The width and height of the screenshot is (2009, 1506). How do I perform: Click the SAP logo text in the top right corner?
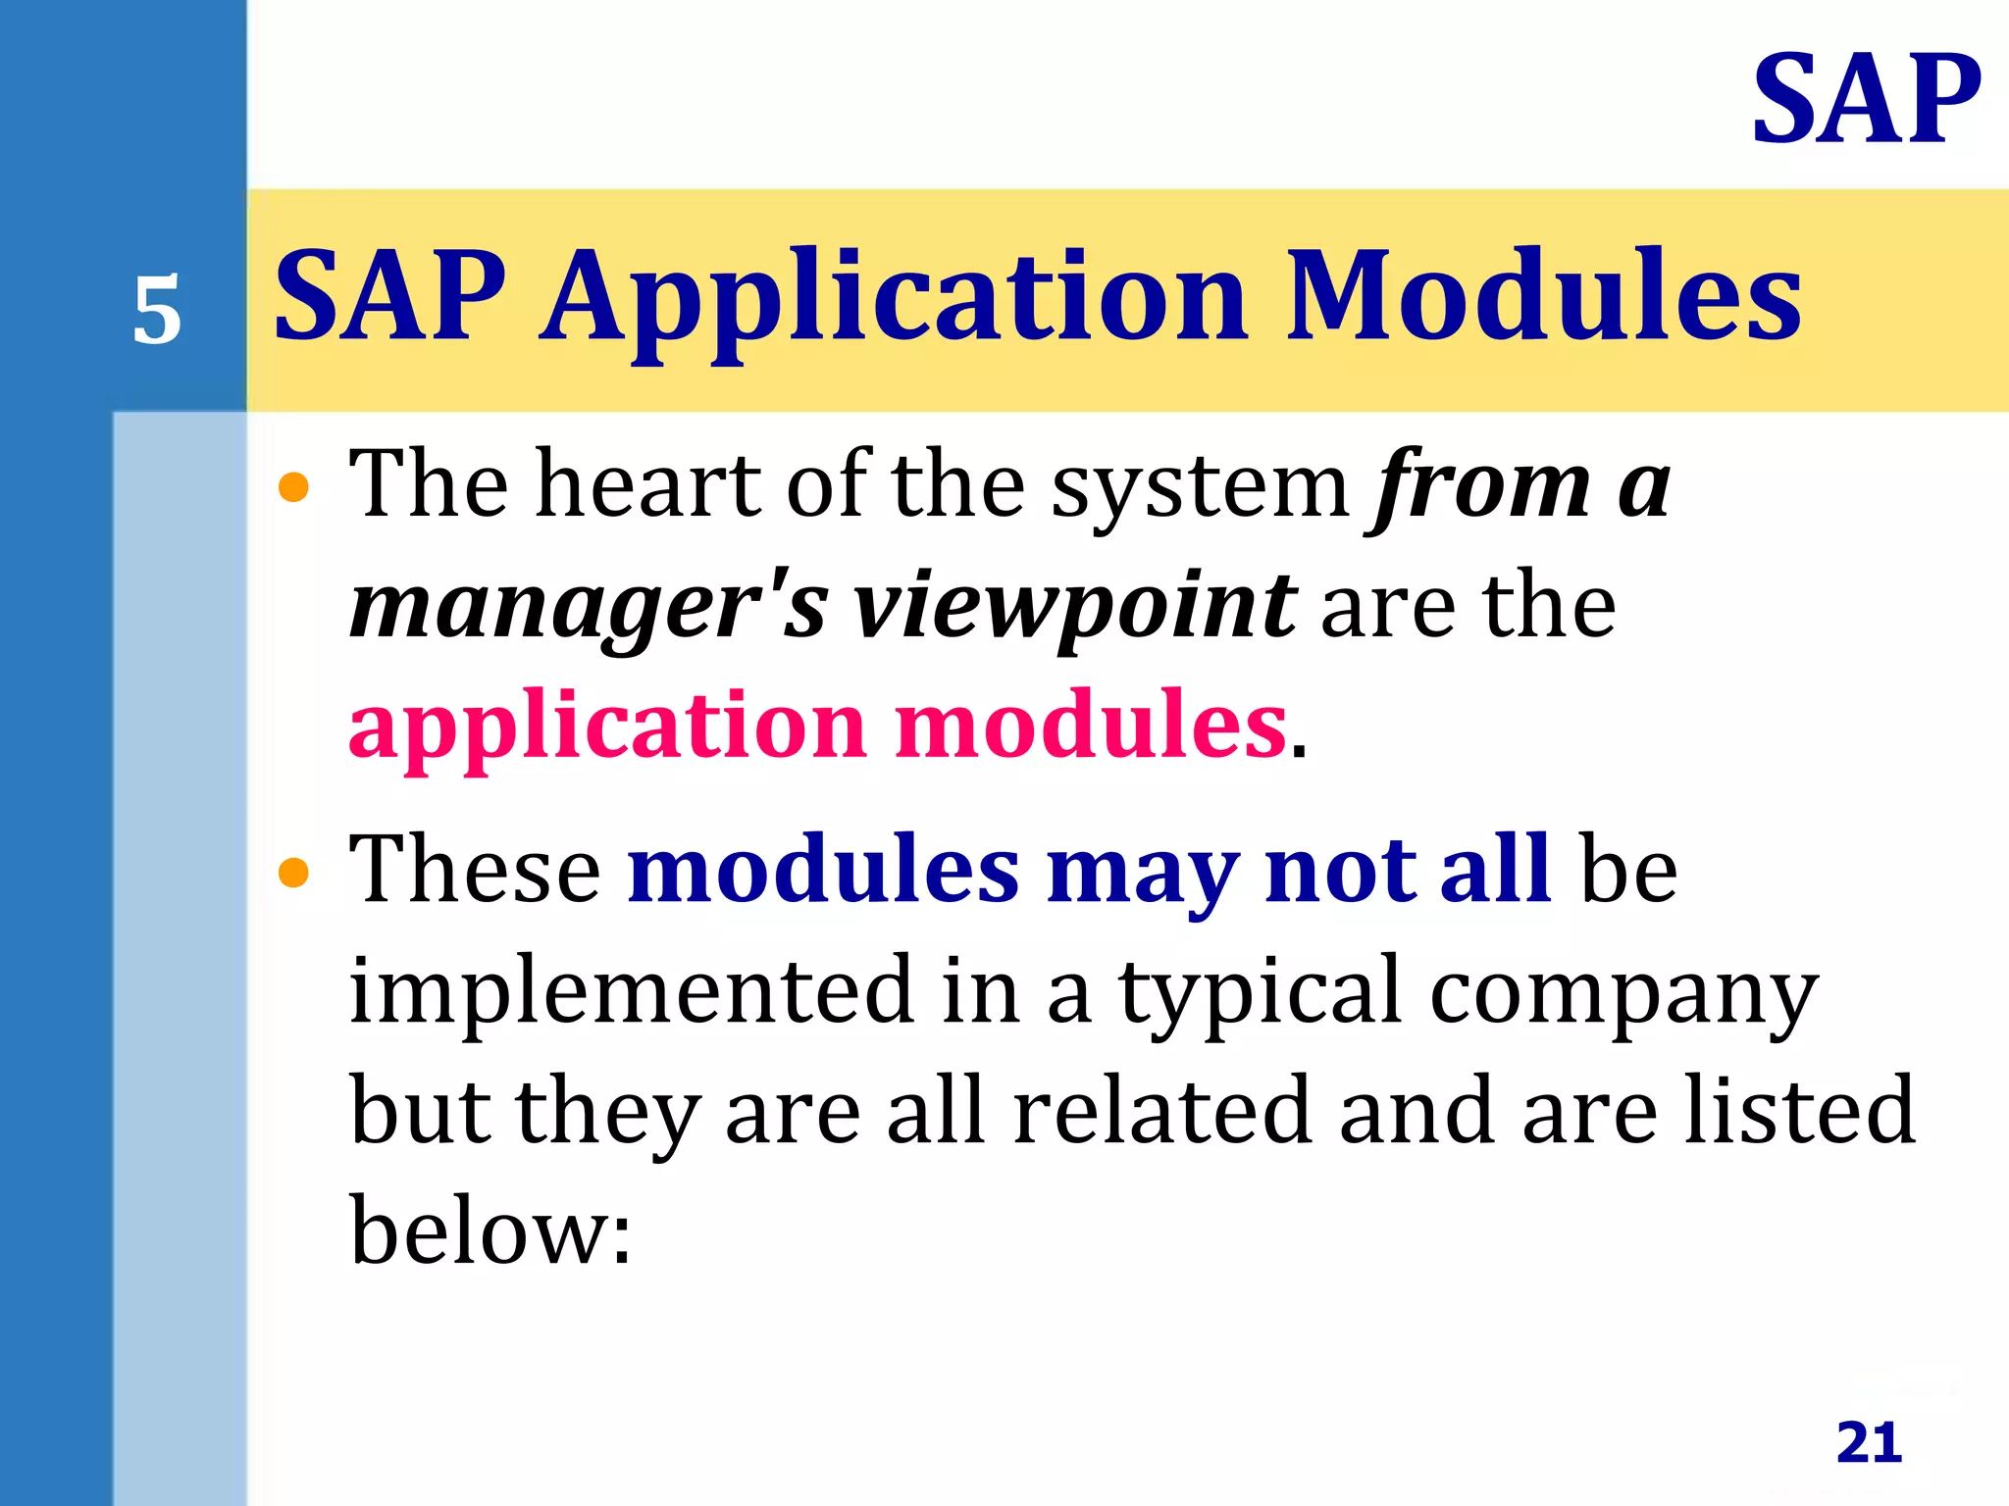click(x=1866, y=100)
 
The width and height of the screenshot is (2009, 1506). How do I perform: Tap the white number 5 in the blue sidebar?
click(x=157, y=311)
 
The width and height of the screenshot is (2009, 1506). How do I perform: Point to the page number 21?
click(x=1869, y=1443)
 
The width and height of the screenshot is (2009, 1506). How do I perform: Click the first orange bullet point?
click(x=293, y=486)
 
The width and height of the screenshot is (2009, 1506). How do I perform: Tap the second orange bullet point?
click(x=293, y=872)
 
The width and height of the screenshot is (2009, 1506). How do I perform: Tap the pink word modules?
click(x=1090, y=726)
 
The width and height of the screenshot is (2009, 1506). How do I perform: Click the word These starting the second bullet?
click(x=475, y=869)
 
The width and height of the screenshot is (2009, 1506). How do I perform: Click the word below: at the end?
click(x=490, y=1231)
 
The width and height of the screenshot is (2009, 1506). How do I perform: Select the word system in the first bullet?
click(x=1201, y=486)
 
